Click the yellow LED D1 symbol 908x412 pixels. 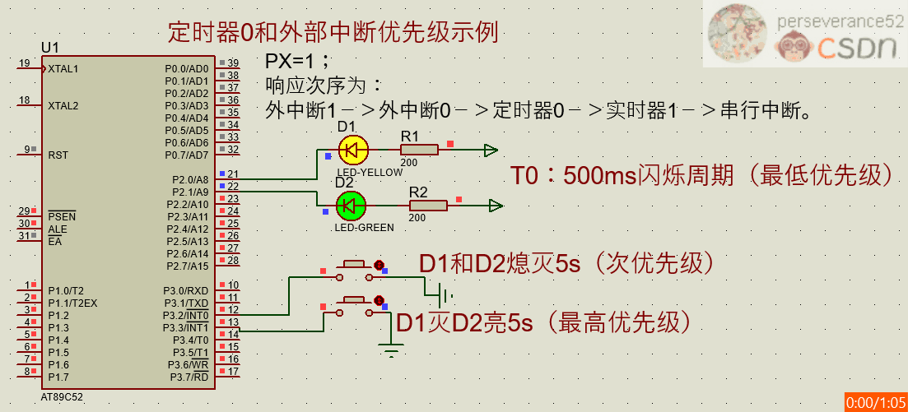pyautogui.click(x=353, y=150)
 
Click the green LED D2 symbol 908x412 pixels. pyautogui.click(x=352, y=205)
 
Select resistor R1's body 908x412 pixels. pyautogui.click(x=420, y=150)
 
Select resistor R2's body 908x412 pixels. pyautogui.click(x=428, y=205)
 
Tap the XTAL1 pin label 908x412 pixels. pyautogui.click(x=63, y=69)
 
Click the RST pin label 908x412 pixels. pyautogui.click(x=58, y=155)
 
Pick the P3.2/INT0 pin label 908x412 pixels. pyautogui.click(x=185, y=315)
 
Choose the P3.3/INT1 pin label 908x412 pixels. pyautogui.click(x=185, y=327)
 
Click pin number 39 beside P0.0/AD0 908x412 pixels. pyautogui.click(x=233, y=63)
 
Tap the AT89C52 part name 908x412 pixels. pyautogui.click(x=62, y=396)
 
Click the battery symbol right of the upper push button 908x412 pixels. pyautogui.click(x=445, y=295)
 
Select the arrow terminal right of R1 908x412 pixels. pyautogui.click(x=491, y=150)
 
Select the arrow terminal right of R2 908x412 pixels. pyautogui.click(x=496, y=206)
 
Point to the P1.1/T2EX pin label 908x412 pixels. pyautogui.click(x=72, y=303)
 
